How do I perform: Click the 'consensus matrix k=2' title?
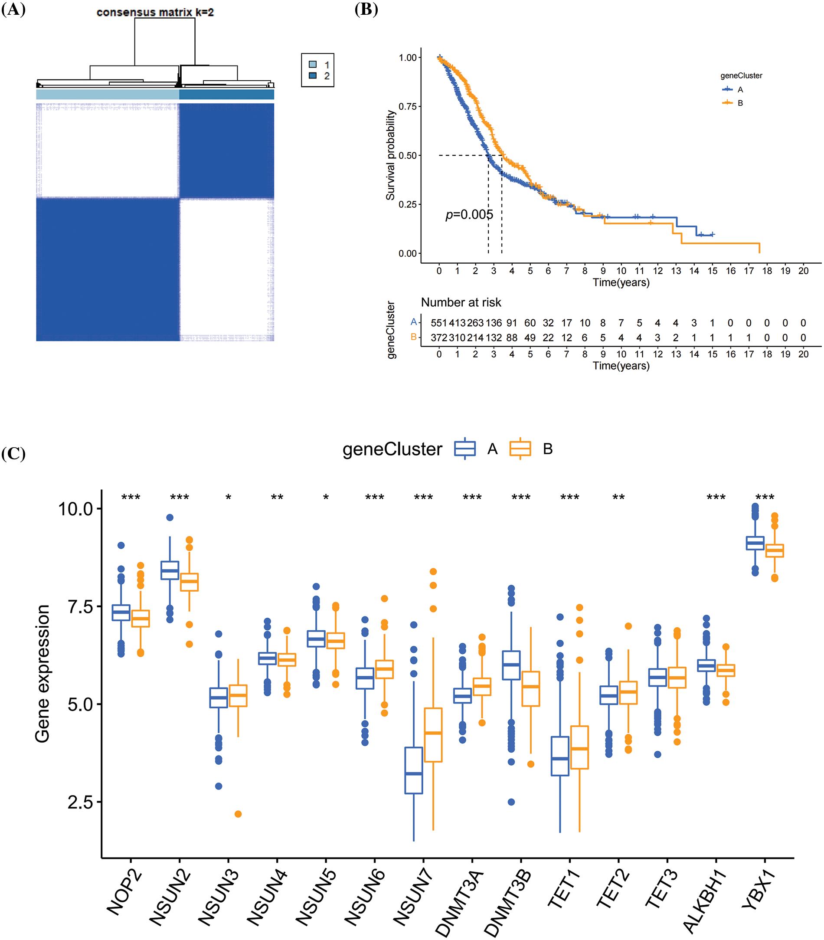coord(155,13)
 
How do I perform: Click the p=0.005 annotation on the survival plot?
coord(468,214)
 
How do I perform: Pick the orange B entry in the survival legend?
coord(733,102)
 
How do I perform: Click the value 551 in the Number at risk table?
coord(438,323)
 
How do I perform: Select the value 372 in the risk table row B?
coord(438,337)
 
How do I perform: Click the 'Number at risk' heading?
coord(461,302)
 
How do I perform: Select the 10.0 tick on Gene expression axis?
coord(75,509)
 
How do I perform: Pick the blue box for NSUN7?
coord(413,770)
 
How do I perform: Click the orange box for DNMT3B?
coord(531,688)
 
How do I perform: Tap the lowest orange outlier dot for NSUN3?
coord(238,814)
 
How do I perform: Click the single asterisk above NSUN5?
coord(326,497)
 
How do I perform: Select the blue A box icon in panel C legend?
coord(464,449)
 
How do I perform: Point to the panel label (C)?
coord(13,453)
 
